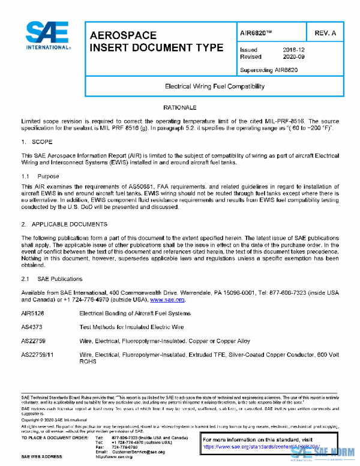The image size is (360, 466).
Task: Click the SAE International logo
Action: click(47, 36)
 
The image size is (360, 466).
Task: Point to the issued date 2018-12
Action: click(294, 50)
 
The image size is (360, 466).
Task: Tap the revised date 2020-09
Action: click(294, 57)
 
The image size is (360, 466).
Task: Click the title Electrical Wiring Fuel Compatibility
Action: click(214, 86)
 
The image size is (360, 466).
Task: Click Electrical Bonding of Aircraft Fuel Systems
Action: click(135, 314)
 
